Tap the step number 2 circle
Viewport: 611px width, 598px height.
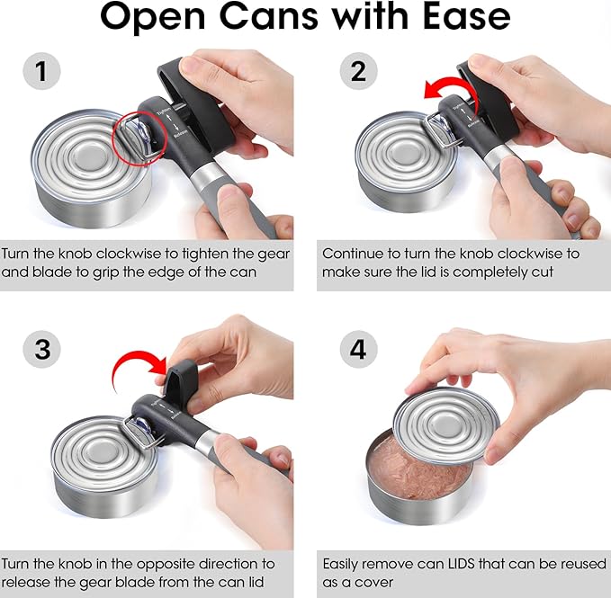tap(358, 71)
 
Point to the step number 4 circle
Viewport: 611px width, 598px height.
tap(358, 348)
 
